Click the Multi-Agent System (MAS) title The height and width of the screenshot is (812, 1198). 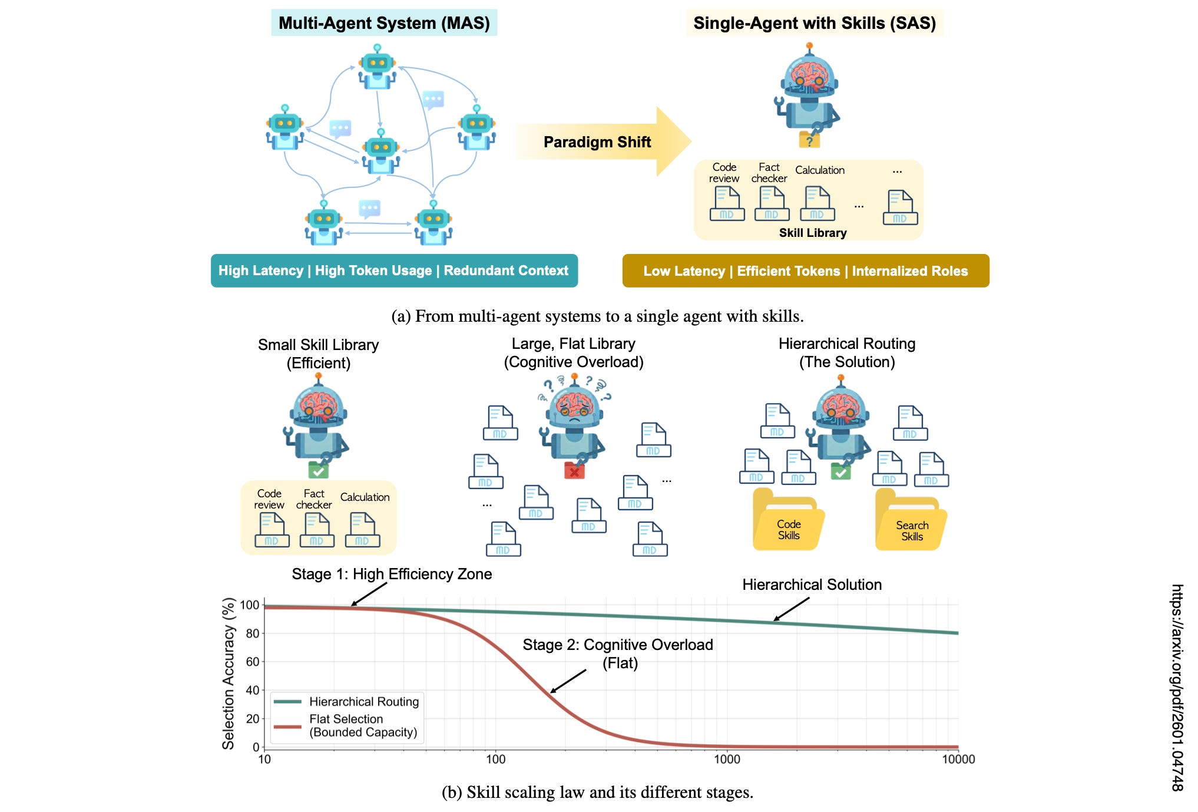(x=384, y=23)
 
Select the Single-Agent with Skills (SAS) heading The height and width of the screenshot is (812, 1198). (x=814, y=23)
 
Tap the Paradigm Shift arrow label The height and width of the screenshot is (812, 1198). (x=597, y=142)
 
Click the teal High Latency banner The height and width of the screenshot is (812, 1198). (x=393, y=270)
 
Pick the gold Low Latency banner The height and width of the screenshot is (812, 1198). (x=805, y=271)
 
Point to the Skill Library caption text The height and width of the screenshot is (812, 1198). (x=812, y=233)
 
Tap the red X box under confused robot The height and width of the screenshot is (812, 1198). (x=574, y=471)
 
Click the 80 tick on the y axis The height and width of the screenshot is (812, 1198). (x=253, y=633)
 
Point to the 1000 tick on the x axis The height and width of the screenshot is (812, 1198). (x=727, y=759)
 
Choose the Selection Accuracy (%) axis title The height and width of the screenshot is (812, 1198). (x=229, y=673)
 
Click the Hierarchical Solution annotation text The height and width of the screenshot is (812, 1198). (x=812, y=585)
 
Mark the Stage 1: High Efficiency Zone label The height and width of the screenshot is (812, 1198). (x=392, y=574)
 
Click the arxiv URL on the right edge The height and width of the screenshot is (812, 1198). (x=1177, y=687)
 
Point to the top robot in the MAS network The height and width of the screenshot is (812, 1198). (x=377, y=67)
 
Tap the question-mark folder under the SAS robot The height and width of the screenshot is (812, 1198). (x=809, y=140)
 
